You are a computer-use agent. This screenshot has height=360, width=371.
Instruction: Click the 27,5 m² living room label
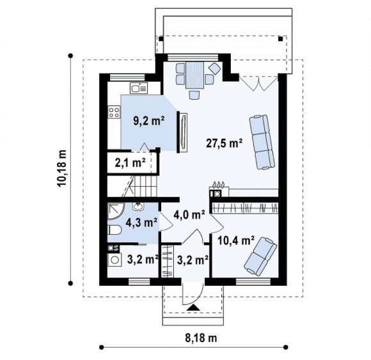tap(224, 143)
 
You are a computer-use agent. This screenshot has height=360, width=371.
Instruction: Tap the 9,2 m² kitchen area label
tap(149, 121)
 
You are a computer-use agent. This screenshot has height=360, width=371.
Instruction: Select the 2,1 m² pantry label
tap(130, 163)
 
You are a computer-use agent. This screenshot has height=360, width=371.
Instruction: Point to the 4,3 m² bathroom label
tap(141, 223)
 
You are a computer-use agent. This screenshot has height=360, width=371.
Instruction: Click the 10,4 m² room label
tap(236, 240)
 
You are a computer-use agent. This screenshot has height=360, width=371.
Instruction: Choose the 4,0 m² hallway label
tap(189, 215)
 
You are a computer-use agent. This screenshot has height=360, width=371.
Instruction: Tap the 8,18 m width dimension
tap(201, 338)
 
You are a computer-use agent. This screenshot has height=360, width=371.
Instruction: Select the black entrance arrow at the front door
tap(194, 308)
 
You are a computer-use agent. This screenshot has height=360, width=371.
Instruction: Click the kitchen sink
tap(139, 88)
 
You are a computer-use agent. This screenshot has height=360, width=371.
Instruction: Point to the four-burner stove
tap(114, 112)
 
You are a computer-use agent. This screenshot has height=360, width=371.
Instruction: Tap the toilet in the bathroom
tap(114, 230)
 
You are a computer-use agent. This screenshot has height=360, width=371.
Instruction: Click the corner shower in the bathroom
tap(116, 210)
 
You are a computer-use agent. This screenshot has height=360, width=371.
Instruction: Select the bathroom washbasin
tap(138, 207)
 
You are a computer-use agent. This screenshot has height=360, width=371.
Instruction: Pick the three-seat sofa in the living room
tap(262, 142)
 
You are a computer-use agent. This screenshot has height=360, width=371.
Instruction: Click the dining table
tap(194, 75)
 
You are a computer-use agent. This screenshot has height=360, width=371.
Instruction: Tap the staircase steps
tap(144, 186)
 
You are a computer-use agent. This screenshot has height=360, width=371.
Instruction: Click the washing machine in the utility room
tap(114, 260)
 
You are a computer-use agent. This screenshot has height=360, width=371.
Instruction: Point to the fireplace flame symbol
tap(218, 184)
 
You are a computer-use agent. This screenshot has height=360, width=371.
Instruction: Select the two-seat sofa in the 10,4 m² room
tap(260, 256)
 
